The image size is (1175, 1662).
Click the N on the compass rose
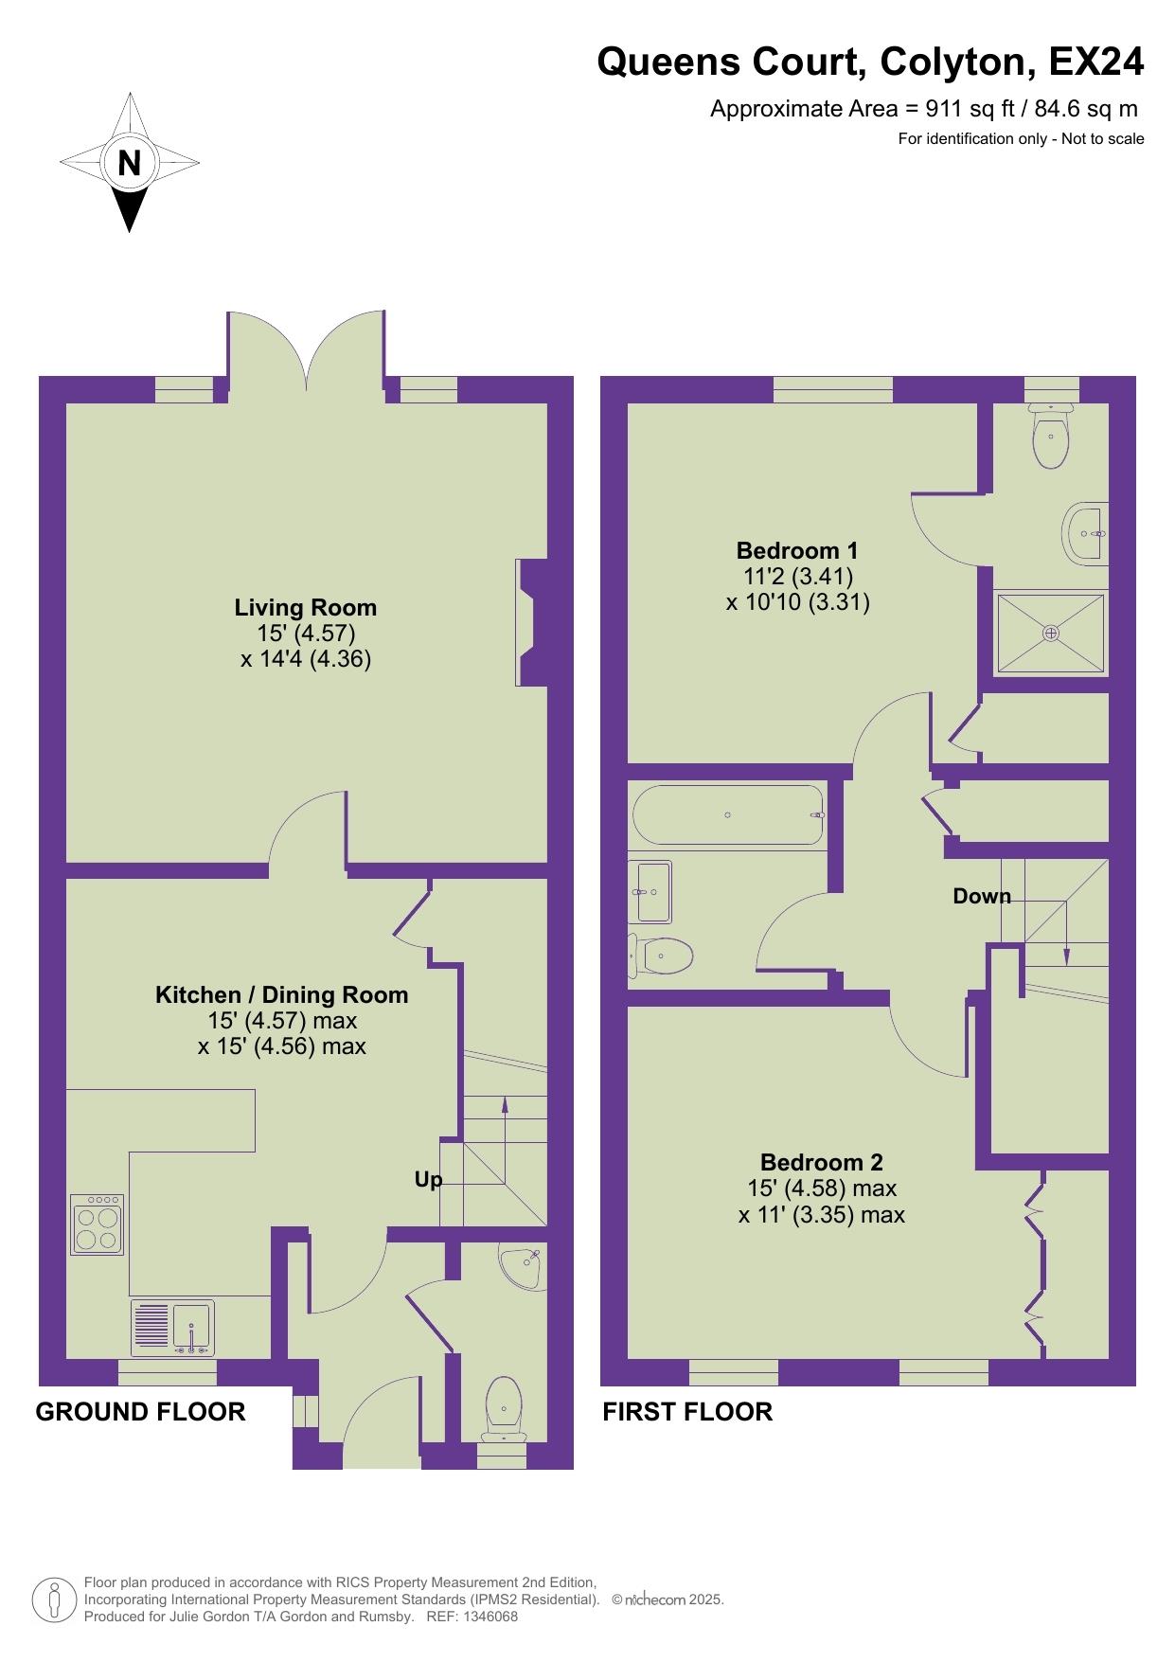coord(129,163)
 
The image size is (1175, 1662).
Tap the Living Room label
coord(306,607)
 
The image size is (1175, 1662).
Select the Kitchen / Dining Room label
coord(282,994)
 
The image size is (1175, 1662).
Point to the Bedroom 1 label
coord(797,550)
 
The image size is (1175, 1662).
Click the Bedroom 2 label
coord(822,1162)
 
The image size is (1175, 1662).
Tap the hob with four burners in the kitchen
coord(97,1224)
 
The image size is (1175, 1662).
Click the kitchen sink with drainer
coord(173,1327)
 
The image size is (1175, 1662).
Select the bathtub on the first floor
coord(727,814)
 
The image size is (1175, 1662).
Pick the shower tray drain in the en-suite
coord(1050,633)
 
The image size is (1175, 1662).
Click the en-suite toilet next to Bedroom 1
coord(1051,435)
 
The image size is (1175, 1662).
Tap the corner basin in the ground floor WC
coord(522,1266)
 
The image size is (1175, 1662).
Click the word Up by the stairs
coord(428,1180)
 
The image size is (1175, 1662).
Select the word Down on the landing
coord(982,896)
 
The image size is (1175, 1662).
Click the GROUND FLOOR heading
coord(140,1412)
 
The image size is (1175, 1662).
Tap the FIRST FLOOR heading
coord(687,1412)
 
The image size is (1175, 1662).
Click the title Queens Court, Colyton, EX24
coord(870,63)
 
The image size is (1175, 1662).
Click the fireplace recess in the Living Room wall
coord(526,622)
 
